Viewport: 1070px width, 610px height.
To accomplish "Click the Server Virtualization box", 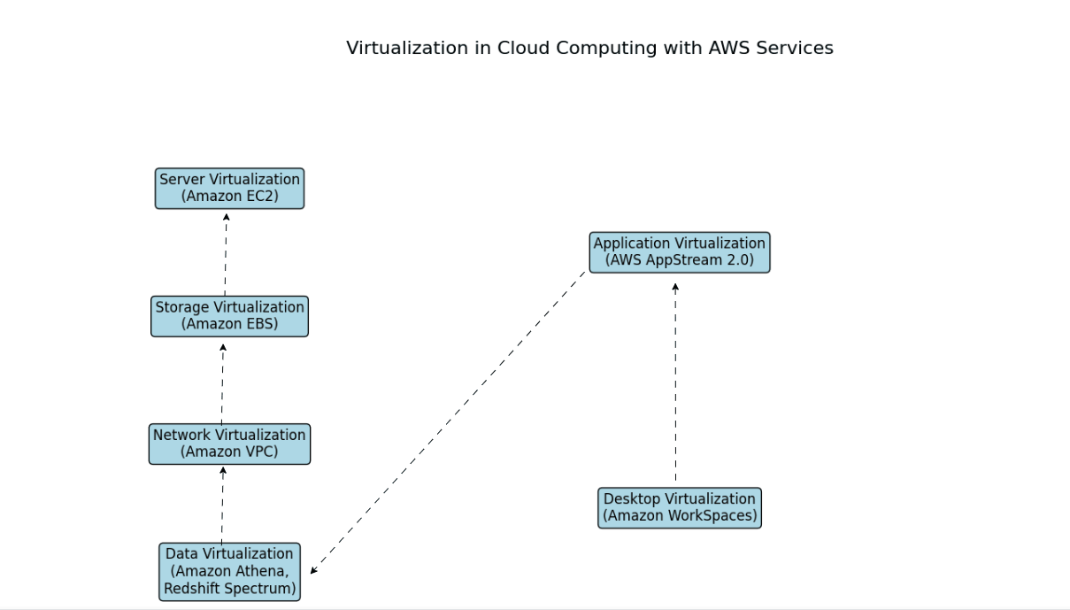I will [229, 188].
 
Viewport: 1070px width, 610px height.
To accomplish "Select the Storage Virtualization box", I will [229, 316].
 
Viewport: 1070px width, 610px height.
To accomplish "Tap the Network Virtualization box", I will [229, 444].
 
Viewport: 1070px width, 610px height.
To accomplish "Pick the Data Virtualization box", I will [229, 572].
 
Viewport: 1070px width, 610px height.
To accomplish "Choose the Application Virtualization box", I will [679, 252].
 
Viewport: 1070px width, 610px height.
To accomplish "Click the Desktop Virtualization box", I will [679, 508].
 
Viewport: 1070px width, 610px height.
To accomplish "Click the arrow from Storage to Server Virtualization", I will [226, 254].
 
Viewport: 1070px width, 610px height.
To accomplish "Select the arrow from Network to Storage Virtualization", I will [222, 383].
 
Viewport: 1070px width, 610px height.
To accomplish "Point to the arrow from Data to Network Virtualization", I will [222, 505].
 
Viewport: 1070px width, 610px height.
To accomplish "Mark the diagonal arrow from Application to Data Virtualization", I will [448, 422].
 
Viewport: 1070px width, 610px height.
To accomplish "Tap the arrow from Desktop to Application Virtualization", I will [675, 382].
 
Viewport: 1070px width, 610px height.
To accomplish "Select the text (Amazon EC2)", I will [229, 197].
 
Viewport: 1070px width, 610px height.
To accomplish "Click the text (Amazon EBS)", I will [229, 324].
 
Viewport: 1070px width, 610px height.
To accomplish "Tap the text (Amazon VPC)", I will [229, 452].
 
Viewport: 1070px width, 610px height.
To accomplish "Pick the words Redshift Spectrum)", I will [229, 589].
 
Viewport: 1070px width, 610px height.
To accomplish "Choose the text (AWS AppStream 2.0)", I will [679, 260].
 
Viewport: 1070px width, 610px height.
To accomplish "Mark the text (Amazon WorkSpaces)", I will [679, 516].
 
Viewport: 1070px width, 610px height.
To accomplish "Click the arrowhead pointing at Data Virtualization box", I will [313, 571].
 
